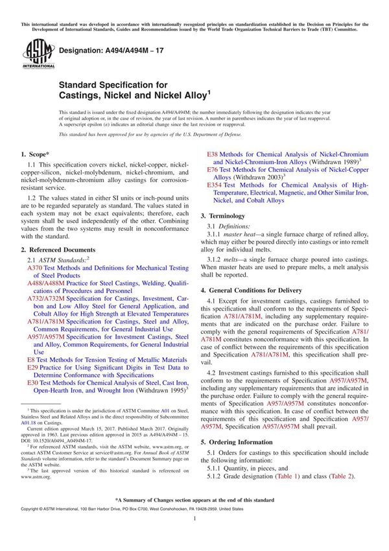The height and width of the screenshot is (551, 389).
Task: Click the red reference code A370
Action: click(35, 249)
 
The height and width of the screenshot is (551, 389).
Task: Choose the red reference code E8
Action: click(31, 358)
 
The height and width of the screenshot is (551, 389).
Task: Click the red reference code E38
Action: click(213, 154)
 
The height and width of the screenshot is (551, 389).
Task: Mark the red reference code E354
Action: click(215, 185)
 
